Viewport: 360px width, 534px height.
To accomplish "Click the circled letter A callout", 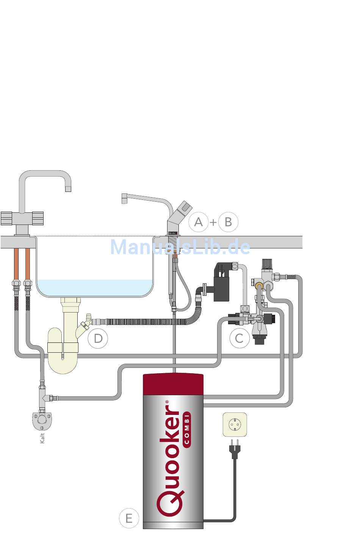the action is [199, 222].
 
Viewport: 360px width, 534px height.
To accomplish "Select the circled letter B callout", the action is [228, 222].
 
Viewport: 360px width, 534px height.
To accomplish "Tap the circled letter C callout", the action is [239, 338].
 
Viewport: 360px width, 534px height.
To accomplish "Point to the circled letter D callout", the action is [98, 338].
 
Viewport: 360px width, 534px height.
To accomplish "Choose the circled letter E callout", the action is [129, 518].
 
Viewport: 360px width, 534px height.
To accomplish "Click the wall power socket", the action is [235, 424].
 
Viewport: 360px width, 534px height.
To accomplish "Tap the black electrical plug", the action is [235, 449].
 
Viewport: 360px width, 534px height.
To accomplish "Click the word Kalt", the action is [42, 438].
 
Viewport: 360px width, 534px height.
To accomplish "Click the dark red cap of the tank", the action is [173, 383].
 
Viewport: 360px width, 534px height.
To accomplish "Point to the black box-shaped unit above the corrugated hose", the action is [222, 282].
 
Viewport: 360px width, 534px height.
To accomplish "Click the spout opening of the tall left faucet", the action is [68, 189].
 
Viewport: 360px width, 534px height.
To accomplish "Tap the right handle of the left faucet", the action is [38, 218].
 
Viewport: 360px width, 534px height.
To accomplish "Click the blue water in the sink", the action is [95, 288].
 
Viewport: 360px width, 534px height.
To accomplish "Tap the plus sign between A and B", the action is [213, 222].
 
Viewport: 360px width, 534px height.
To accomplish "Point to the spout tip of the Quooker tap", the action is [124, 199].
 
